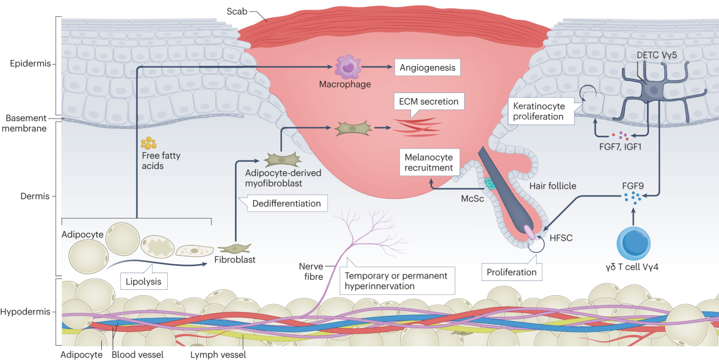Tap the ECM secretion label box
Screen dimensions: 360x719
(428, 102)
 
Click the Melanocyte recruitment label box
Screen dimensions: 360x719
(427, 162)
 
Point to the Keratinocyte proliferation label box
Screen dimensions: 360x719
(539, 111)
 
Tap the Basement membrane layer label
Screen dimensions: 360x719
(26, 123)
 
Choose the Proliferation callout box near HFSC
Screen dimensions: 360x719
(511, 272)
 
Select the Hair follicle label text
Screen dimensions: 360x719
(553, 186)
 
